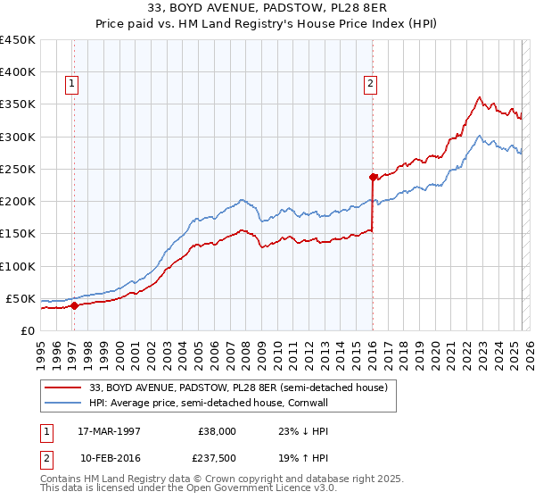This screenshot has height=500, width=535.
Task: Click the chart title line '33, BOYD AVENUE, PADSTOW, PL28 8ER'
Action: point(267,8)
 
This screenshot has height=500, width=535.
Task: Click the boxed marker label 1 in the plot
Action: point(71,85)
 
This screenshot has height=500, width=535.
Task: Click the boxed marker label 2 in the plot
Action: point(369,85)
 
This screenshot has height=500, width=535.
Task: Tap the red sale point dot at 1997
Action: point(75,305)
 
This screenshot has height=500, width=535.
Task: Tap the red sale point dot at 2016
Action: point(373,177)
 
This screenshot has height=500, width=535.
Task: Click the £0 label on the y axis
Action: point(27,330)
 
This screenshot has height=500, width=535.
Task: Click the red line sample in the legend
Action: point(63,388)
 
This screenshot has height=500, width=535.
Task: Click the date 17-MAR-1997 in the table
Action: point(110,431)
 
